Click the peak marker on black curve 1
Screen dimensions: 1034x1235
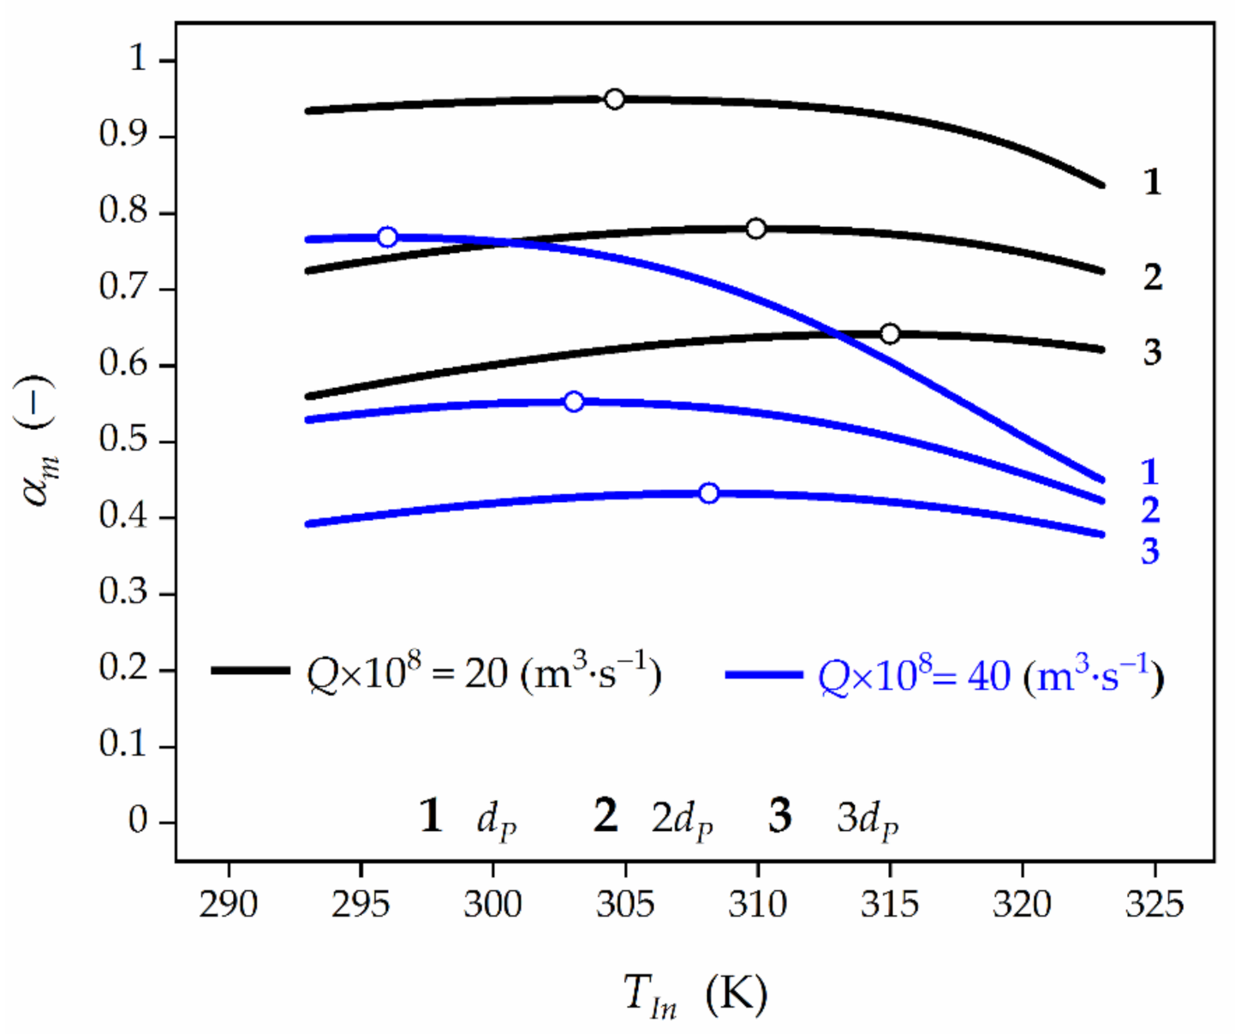click(x=614, y=99)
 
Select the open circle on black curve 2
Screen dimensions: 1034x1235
click(x=755, y=229)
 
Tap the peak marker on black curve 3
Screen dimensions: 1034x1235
click(x=890, y=333)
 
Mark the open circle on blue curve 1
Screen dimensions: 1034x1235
click(x=387, y=236)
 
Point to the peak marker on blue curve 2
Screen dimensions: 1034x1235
click(x=574, y=401)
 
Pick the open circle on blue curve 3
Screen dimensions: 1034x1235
click(x=708, y=493)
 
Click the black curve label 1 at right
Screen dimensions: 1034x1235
click(x=1152, y=182)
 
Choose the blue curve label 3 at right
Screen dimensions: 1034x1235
click(x=1149, y=551)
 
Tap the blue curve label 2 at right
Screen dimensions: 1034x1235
click(x=1149, y=510)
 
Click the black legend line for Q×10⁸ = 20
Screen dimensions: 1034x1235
click(x=250, y=671)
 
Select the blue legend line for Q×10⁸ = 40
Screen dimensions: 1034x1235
click(x=763, y=675)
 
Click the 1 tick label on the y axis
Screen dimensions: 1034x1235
click(x=138, y=58)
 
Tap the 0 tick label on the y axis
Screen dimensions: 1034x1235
click(x=138, y=821)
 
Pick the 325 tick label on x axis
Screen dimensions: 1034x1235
click(x=1154, y=904)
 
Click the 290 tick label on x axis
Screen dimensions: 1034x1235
click(x=228, y=904)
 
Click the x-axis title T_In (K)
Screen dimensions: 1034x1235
click(x=695, y=995)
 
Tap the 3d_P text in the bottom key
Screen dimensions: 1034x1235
click(x=867, y=819)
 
